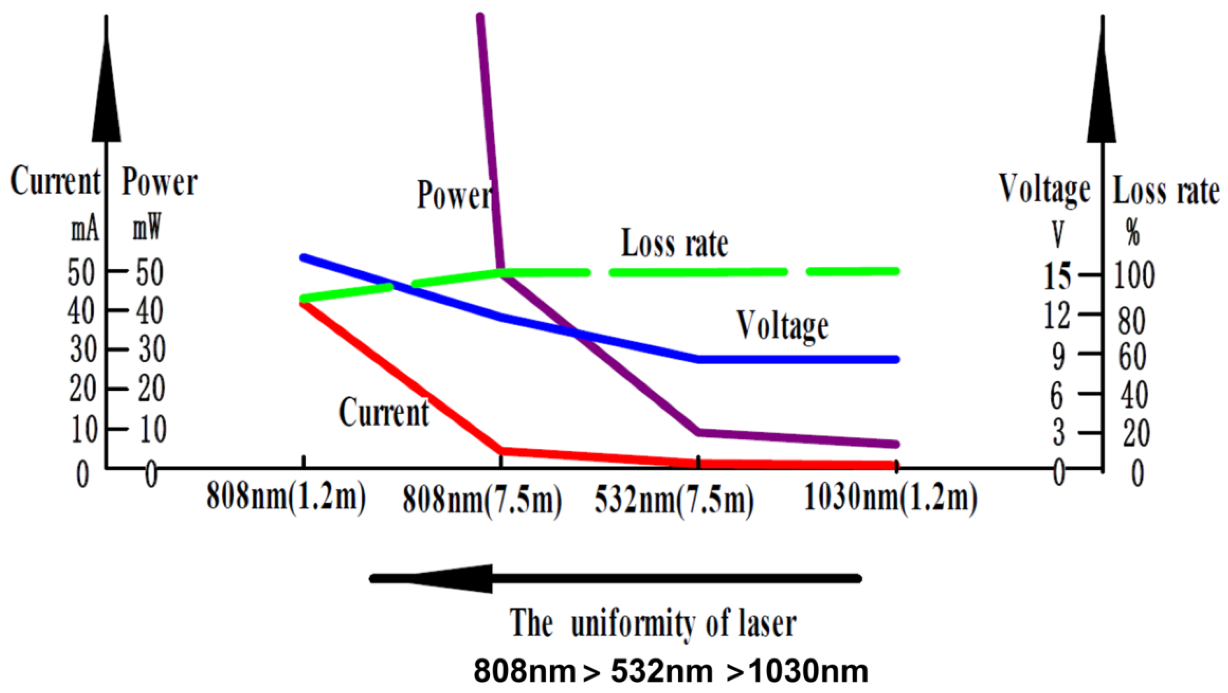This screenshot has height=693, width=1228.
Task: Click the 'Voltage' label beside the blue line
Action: [x=782, y=326]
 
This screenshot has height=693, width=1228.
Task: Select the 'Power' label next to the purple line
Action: [x=454, y=195]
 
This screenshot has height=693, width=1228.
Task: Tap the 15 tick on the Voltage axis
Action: [x=1057, y=276]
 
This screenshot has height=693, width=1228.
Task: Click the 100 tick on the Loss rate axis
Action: [x=1134, y=275]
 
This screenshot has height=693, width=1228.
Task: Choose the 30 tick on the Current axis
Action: [x=82, y=350]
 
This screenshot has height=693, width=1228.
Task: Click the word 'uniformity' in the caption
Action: [x=633, y=624]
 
